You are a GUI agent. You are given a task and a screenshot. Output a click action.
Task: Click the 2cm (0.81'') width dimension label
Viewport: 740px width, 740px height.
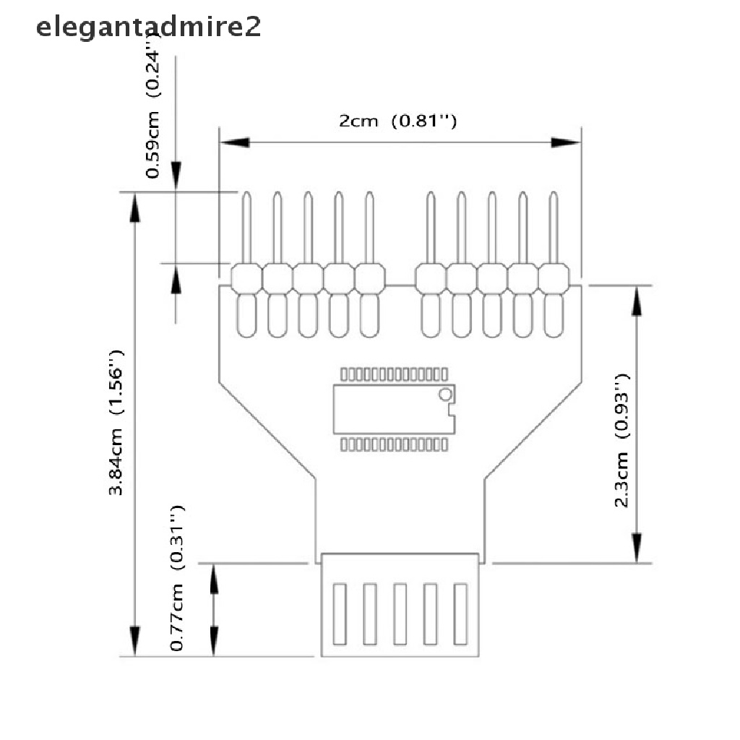pos(397,121)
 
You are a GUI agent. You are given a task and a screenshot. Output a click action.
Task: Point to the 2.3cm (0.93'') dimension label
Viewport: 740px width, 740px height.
pos(622,440)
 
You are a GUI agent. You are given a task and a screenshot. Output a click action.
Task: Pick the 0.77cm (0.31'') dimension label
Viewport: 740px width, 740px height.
pos(178,578)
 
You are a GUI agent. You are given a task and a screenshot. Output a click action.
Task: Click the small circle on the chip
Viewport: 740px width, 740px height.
pos(445,394)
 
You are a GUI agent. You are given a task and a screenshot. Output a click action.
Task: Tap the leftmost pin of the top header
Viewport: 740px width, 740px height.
pos(246,229)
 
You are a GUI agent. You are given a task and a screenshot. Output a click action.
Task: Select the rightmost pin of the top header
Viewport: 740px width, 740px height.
pos(554,229)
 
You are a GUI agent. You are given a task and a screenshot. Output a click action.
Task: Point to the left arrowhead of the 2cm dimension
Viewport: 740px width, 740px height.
pos(235,142)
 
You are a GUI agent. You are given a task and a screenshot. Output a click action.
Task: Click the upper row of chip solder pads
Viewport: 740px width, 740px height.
pos(394,374)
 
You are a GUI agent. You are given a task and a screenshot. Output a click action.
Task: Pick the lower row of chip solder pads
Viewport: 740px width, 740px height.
pos(394,444)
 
